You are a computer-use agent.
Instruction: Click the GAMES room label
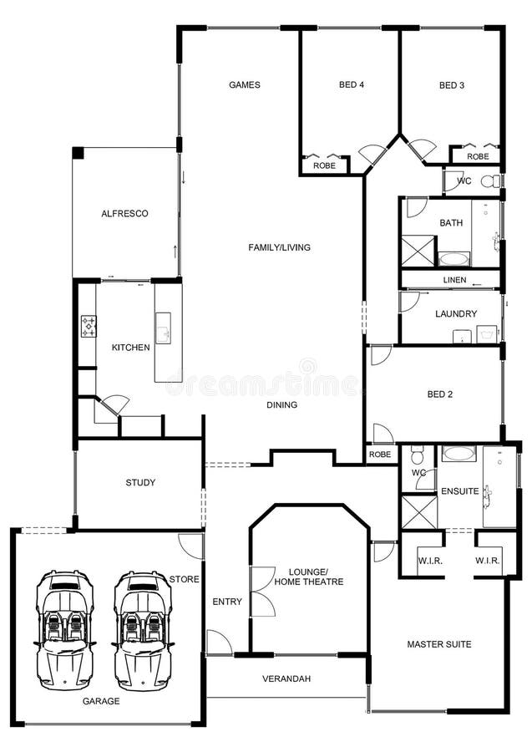245,84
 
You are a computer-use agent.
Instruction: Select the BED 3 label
452,84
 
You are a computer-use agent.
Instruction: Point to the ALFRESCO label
124,214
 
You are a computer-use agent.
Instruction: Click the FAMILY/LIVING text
279,247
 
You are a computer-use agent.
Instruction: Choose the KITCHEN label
131,348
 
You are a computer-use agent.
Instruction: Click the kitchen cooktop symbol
89,327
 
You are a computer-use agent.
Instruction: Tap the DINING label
281,405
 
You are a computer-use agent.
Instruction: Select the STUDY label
140,482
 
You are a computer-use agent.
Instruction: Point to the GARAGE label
100,701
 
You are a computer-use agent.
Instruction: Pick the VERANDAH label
286,678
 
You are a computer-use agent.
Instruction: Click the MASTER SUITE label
438,644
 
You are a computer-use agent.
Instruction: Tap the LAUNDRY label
456,314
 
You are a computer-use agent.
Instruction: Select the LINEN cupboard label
454,280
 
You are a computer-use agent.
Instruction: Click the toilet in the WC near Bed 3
489,180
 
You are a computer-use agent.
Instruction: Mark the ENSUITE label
459,491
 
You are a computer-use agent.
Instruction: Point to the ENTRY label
227,602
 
